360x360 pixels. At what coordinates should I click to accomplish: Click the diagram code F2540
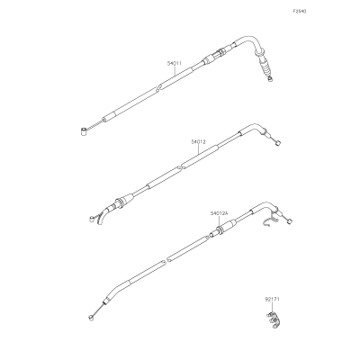(300, 12)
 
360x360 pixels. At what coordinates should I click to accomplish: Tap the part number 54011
(175, 64)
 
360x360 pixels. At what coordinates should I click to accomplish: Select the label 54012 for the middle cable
(199, 142)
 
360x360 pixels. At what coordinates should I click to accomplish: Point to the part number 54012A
(219, 213)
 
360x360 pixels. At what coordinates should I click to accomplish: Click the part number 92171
(273, 300)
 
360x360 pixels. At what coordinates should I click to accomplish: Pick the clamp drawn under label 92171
(273, 320)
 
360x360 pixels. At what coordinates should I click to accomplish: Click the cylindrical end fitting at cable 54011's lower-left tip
(83, 131)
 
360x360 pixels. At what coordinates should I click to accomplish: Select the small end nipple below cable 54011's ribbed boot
(271, 79)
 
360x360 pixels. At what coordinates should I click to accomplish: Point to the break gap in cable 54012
(180, 167)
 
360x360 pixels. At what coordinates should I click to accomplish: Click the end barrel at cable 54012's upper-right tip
(278, 143)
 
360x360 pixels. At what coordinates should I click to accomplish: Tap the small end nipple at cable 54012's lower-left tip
(92, 219)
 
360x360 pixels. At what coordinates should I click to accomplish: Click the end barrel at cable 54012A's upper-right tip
(290, 221)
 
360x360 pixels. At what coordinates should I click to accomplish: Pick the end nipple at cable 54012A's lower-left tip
(90, 318)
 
